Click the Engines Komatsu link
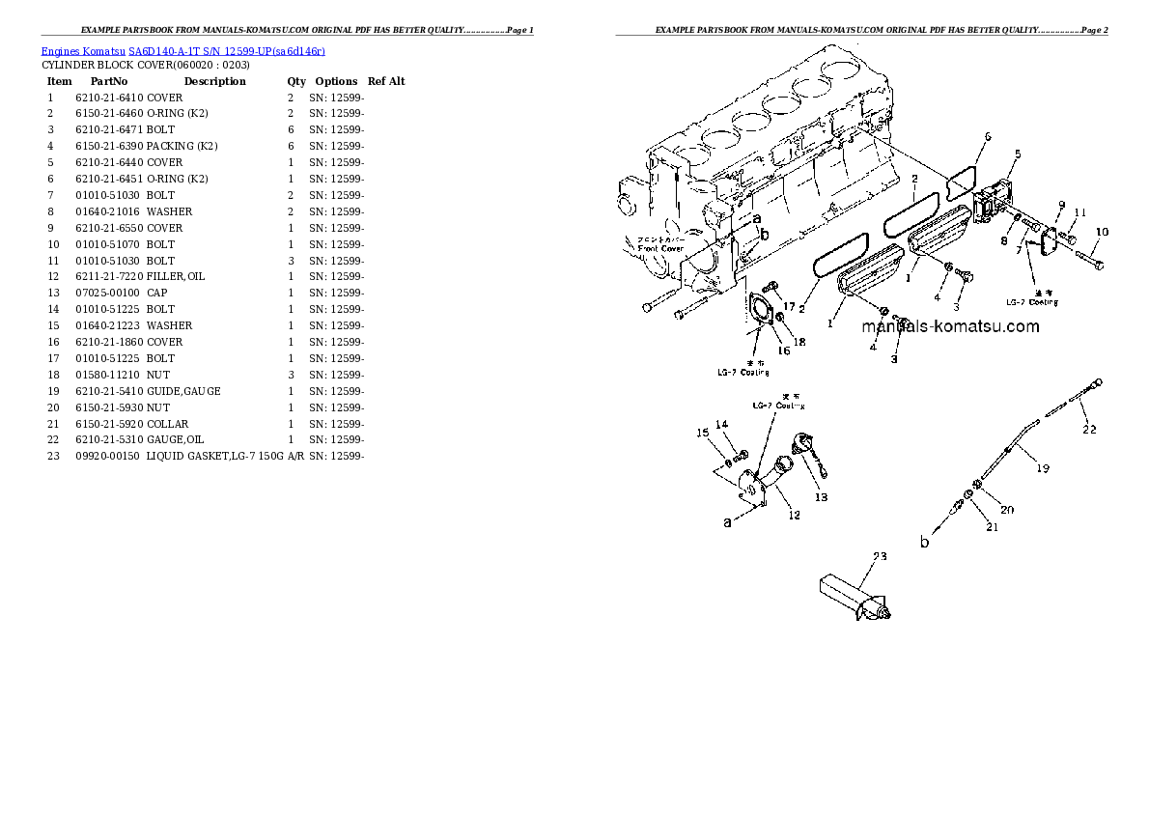coord(83,49)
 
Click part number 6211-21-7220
coord(109,277)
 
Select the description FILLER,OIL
coord(176,277)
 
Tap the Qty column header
coord(295,81)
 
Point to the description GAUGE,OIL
coord(176,440)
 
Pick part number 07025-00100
coord(107,294)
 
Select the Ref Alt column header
coord(386,81)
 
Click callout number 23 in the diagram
coord(879,556)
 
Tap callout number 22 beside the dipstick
coord(1088,431)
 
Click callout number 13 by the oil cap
coord(820,498)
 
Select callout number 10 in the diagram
coord(1102,232)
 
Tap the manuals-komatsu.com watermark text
coord(950,326)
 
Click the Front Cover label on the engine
coord(660,248)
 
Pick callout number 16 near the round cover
coord(783,350)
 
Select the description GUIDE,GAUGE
coord(183,391)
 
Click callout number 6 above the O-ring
coord(987,136)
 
